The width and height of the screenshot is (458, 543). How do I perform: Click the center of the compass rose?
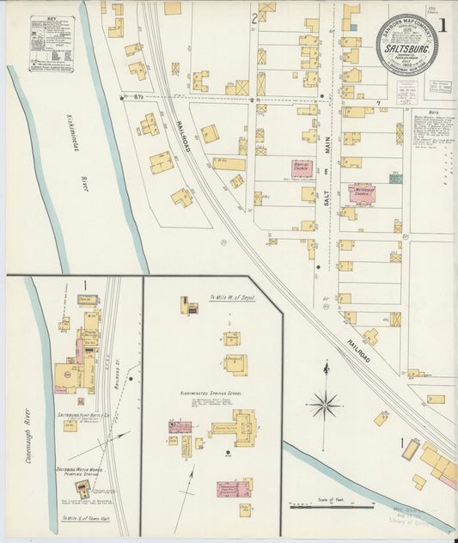pyautogui.click(x=326, y=402)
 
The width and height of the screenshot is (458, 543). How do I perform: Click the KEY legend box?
pyautogui.click(x=52, y=42)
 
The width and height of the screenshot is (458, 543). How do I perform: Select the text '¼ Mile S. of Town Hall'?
pyautogui.click(x=82, y=520)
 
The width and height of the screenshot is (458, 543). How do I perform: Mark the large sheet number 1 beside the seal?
pyautogui.click(x=443, y=24)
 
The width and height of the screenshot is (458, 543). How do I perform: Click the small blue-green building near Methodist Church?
pyautogui.click(x=395, y=179)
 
